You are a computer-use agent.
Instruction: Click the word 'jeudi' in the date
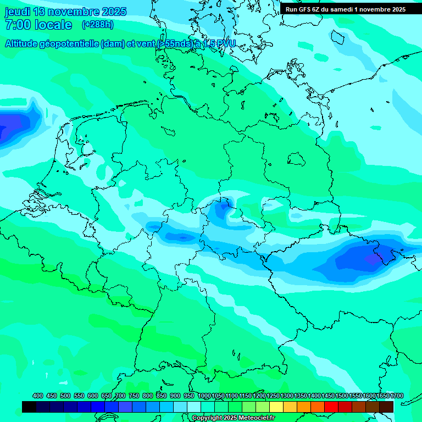click(x=18, y=12)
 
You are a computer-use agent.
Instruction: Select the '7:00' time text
click(x=17, y=25)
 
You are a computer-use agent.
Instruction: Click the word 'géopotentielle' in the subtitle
click(x=71, y=43)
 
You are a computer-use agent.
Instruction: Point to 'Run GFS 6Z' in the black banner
click(x=304, y=9)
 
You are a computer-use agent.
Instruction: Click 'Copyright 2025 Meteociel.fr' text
click(x=234, y=418)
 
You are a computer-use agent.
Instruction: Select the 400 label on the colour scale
click(x=38, y=396)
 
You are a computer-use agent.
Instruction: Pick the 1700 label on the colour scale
click(x=383, y=396)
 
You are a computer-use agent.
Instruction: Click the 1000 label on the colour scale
click(x=204, y=396)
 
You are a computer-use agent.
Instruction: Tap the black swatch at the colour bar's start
click(x=29, y=407)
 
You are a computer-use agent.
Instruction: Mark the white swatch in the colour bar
click(x=194, y=407)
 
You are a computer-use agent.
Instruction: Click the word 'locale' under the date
click(x=54, y=25)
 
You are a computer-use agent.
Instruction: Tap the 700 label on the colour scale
click(x=120, y=396)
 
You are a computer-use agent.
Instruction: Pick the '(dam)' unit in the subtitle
click(x=113, y=43)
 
